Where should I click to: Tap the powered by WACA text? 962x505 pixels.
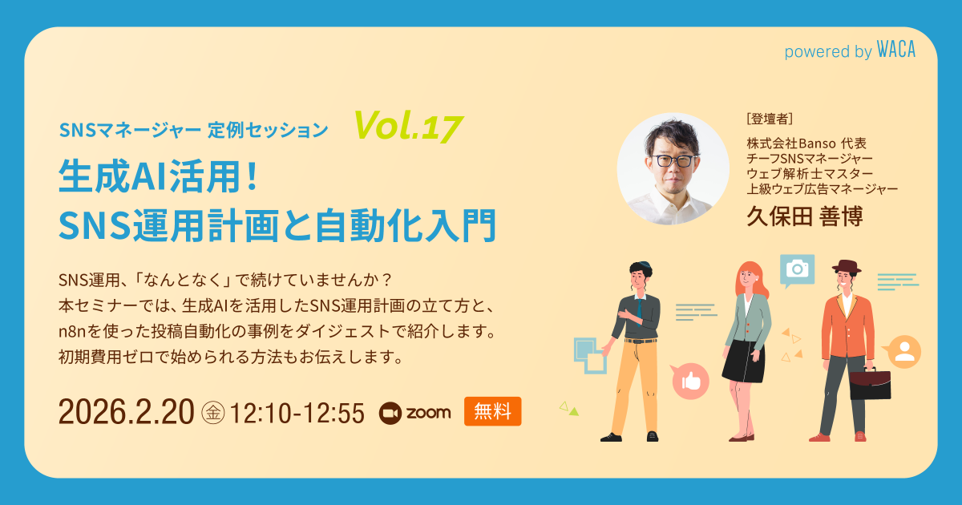coord(849,51)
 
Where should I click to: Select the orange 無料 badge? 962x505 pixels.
coord(492,411)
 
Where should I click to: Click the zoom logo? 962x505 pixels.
coord(414,412)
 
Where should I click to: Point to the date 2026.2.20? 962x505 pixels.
coord(126,412)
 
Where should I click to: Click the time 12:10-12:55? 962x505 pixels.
coord(297,412)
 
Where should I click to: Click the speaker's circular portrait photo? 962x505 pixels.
coord(673,168)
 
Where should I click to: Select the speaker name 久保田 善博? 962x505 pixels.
coord(804,216)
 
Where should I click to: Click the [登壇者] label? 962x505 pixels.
coord(769,119)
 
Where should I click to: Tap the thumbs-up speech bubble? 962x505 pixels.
coord(690,382)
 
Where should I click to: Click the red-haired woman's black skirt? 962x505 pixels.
coord(738,361)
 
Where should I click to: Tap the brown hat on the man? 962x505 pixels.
coord(845,267)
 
